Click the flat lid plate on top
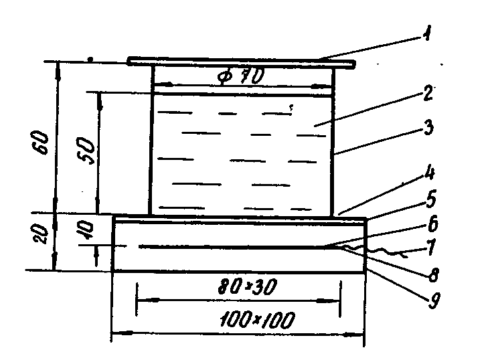coord(241,63)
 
